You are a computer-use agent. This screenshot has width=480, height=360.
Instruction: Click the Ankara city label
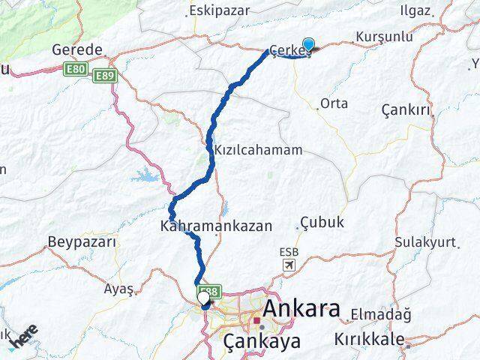tap(301, 309)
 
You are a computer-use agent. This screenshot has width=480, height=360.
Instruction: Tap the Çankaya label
tap(262, 341)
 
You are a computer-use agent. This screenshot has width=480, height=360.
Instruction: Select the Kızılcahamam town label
tap(259, 150)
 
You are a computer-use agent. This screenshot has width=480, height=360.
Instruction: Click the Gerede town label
tap(77, 49)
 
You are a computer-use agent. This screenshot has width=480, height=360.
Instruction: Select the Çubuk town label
tap(322, 222)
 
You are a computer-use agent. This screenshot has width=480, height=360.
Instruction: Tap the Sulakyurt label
tap(425, 242)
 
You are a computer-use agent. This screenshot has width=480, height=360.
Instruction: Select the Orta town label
tap(334, 103)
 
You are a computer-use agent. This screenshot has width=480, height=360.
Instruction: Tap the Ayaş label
tap(119, 288)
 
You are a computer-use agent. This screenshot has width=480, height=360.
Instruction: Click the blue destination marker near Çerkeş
tap(308, 44)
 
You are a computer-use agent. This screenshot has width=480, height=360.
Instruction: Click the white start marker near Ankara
tap(203, 298)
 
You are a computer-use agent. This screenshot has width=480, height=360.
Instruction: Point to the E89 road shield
tap(105, 75)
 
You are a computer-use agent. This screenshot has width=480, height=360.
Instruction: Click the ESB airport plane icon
tap(289, 265)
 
